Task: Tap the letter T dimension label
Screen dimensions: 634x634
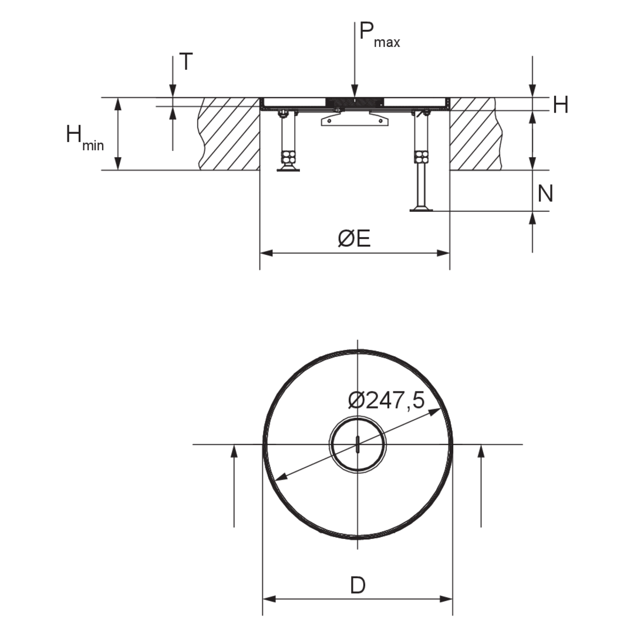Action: (186, 62)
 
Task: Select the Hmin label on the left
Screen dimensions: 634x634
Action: (85, 138)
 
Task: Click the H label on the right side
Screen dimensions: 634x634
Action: (561, 104)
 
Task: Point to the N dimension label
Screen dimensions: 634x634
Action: (545, 194)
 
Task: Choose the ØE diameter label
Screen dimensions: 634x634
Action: (354, 238)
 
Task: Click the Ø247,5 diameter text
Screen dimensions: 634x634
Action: (386, 401)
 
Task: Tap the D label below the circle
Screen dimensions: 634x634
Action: (358, 585)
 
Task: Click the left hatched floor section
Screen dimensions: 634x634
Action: (228, 134)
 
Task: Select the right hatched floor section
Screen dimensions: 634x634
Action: (476, 134)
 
